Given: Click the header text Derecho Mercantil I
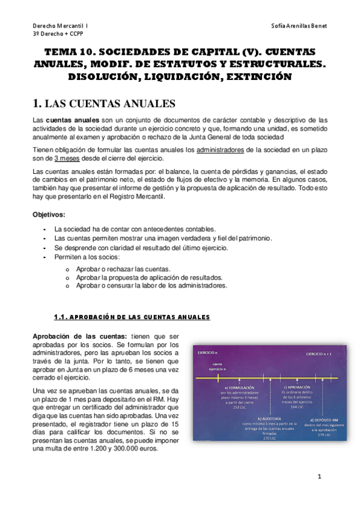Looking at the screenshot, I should pyautogui.click(x=59, y=26).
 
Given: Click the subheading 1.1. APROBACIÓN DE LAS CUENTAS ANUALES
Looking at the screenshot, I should pyautogui.click(x=132, y=316).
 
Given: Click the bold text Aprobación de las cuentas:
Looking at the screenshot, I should pyautogui.click(x=79, y=335).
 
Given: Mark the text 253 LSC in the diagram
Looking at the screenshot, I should pyautogui.click(x=239, y=407).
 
